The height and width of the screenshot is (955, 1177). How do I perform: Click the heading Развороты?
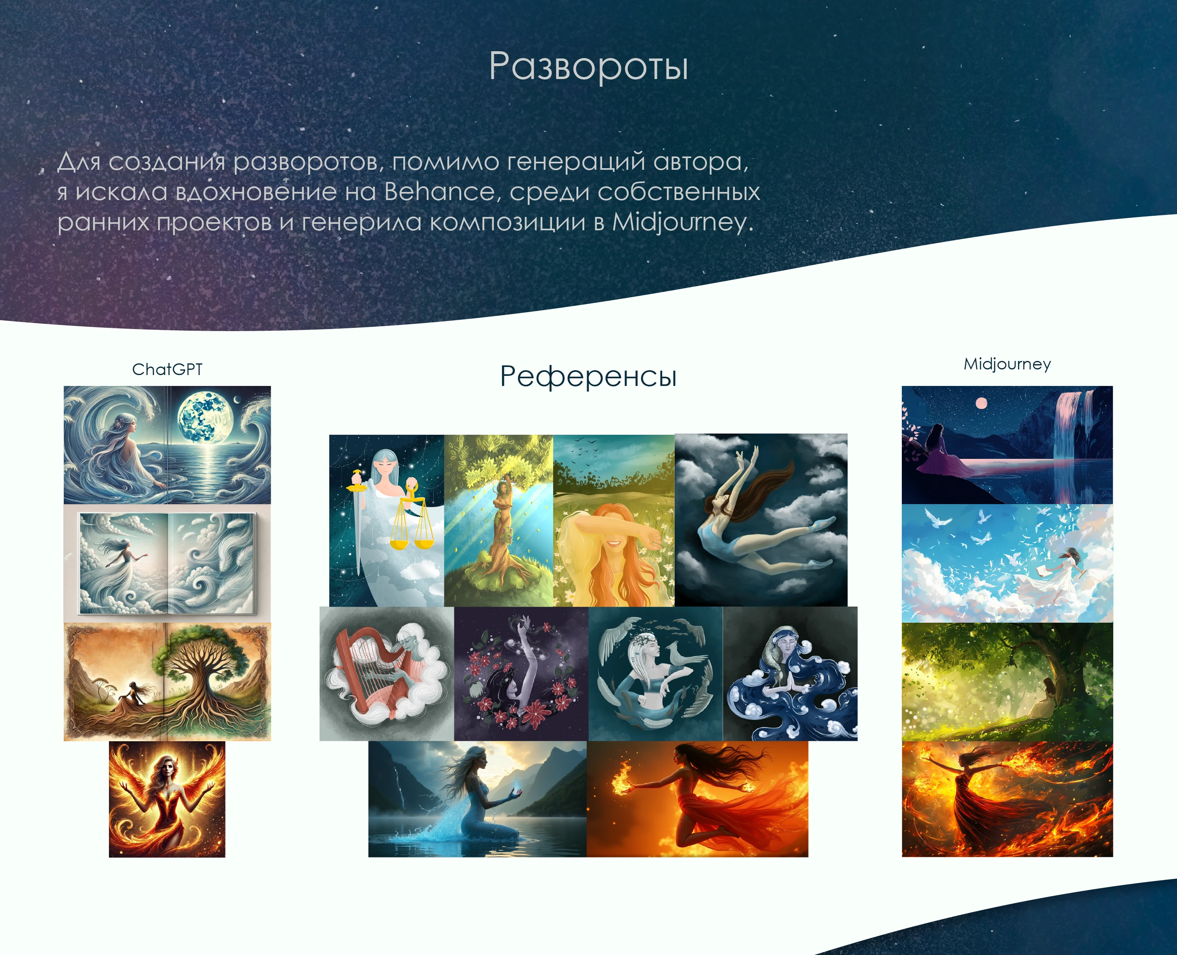[x=588, y=66]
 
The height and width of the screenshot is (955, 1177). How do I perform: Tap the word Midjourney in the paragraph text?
[x=679, y=222]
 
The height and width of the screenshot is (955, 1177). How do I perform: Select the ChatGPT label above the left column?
[x=167, y=369]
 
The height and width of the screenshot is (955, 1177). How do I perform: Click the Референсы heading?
[x=588, y=377]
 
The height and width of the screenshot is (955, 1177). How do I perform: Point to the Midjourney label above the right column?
[x=1007, y=364]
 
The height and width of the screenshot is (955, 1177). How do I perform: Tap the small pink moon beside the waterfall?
[x=981, y=404]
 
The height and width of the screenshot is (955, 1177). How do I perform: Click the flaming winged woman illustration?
[x=167, y=799]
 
